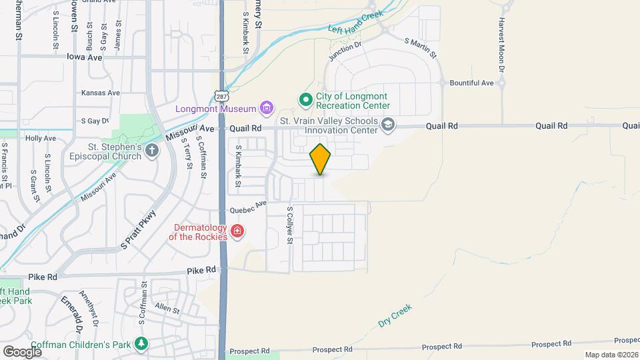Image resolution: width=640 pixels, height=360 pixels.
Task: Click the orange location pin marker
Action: (321, 159)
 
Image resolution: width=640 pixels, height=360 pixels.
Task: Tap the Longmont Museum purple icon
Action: (267, 107)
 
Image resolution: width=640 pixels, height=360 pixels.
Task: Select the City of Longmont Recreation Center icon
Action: (306, 100)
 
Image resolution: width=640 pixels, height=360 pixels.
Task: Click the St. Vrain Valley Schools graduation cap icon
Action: (388, 125)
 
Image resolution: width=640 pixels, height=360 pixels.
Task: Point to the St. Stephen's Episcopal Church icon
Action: (152, 151)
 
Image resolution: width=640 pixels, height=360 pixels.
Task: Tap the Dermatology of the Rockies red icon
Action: (237, 231)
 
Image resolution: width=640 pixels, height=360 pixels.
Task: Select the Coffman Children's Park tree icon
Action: (141, 343)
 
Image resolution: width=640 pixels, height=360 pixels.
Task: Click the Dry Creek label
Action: (395, 315)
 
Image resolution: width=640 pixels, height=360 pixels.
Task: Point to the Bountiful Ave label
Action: (471, 83)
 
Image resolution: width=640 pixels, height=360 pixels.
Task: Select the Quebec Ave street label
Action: (248, 207)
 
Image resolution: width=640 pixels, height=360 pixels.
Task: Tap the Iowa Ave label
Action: (84, 57)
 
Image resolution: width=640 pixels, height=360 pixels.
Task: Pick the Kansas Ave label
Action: (100, 93)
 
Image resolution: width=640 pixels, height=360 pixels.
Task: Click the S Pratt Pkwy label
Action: (138, 231)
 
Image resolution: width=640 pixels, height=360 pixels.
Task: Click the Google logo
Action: (22, 351)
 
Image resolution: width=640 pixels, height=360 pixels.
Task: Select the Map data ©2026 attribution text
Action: (611, 355)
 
